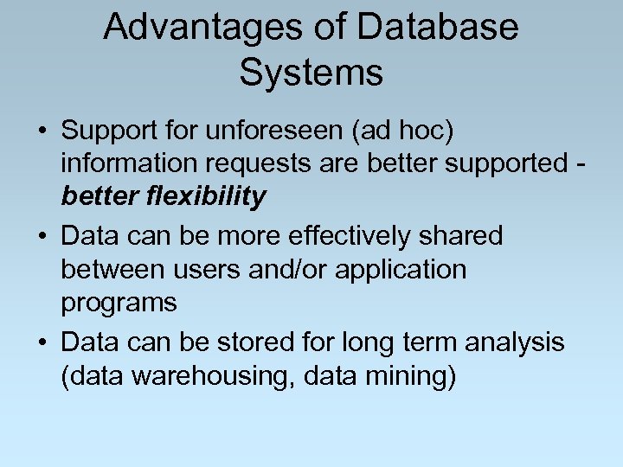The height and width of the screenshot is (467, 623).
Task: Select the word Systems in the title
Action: coord(311,73)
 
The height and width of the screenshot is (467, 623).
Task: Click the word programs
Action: coord(119,304)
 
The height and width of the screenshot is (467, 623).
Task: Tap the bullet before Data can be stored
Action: coord(42,343)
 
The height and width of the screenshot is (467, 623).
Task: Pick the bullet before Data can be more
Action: coord(42,236)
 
